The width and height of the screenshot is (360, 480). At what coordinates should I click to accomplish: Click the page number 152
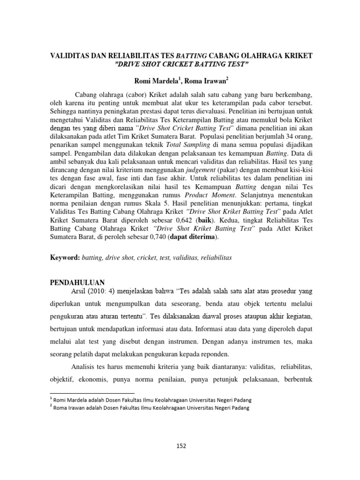click(180, 445)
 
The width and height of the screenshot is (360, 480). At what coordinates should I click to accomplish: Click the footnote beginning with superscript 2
click(150, 408)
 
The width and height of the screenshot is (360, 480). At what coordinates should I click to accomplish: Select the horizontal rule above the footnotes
click(92, 393)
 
